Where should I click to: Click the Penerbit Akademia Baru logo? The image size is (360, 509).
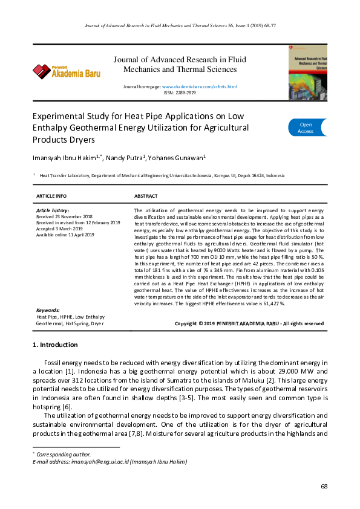(67, 71)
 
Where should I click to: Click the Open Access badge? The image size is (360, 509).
(307, 128)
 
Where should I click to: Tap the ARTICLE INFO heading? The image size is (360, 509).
(51, 196)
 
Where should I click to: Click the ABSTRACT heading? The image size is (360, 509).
(146, 196)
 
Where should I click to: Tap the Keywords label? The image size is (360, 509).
(48, 310)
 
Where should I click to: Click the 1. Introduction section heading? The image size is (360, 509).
(54, 345)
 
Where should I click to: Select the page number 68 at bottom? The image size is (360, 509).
(324, 486)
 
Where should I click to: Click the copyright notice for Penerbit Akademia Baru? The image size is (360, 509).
(249, 323)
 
